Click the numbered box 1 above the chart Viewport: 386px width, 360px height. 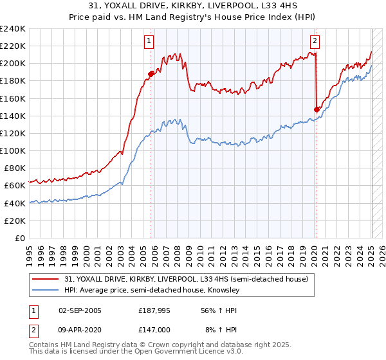click(149, 41)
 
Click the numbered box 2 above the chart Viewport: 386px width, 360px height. click(315, 41)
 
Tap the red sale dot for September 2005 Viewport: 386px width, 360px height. click(151, 74)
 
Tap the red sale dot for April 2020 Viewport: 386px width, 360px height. click(317, 109)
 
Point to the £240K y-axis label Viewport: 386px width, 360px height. click(13, 29)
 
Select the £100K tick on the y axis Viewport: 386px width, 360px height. click(13, 150)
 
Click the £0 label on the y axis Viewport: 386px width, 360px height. click(20, 238)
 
